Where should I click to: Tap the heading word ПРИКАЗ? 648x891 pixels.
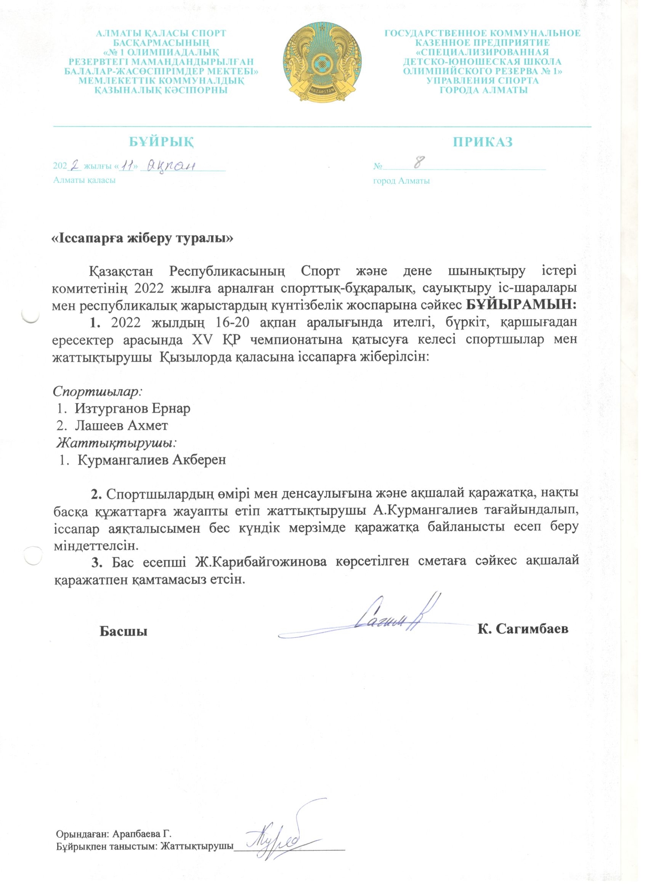pyautogui.click(x=483, y=142)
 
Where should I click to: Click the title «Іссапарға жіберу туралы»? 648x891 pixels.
pyautogui.click(x=143, y=239)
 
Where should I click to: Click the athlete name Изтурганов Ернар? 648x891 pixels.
pyautogui.click(x=132, y=409)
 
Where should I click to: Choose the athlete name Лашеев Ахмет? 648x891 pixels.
pyautogui.click(x=122, y=425)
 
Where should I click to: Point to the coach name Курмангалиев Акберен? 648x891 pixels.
pyautogui.click(x=152, y=460)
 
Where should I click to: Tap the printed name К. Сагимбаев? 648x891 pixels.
pyautogui.click(x=523, y=629)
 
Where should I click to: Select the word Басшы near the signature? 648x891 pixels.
pyautogui.click(x=124, y=631)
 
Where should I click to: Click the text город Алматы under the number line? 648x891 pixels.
pyautogui.click(x=401, y=181)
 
